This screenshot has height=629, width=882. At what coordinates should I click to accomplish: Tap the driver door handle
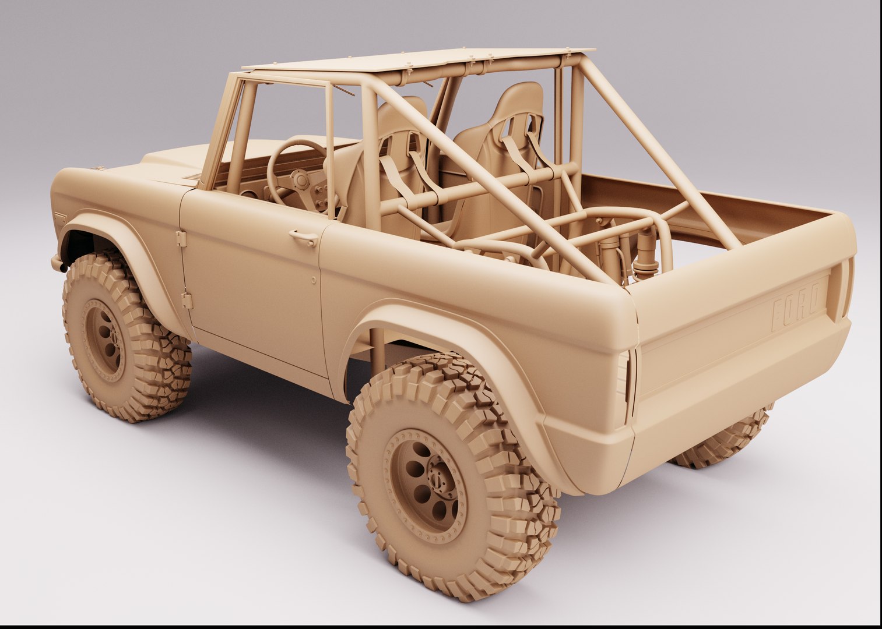point(303,236)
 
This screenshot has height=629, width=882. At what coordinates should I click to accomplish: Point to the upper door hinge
point(181,238)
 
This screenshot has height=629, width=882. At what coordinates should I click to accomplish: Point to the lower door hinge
point(187,300)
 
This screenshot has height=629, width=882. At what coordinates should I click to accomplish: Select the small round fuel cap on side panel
point(314,280)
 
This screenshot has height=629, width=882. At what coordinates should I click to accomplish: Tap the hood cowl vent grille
point(192,177)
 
